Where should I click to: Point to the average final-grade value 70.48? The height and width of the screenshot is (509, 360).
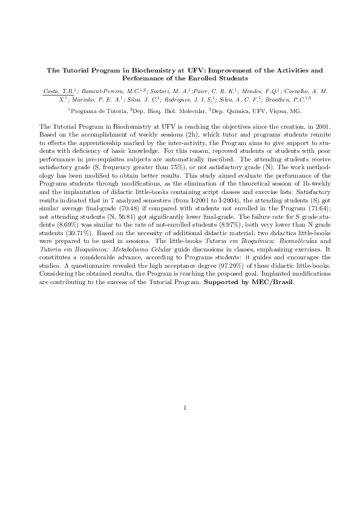tap(129, 210)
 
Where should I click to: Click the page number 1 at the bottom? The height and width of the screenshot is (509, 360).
tap(184, 407)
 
